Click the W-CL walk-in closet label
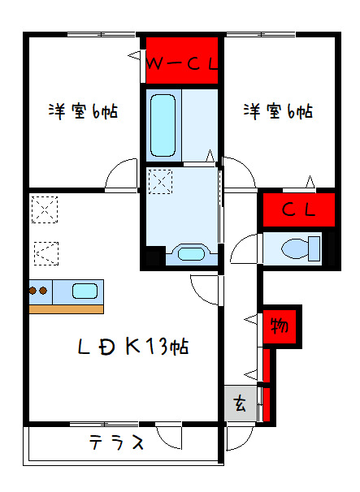coord(182,64)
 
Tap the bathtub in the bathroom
coord(163,126)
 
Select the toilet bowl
coord(295,248)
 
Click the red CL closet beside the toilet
coord(299,209)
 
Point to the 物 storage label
coord(280,326)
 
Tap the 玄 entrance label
coord(240,404)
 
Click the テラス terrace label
coord(116,442)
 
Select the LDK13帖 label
coord(133,347)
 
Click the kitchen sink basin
coord(85,291)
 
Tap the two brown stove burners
coord(38,291)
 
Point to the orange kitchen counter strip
coord(67,309)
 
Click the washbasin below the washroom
coord(191,253)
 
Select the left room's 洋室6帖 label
coord(83,110)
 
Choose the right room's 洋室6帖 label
coord(278,110)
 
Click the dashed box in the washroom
coord(160,182)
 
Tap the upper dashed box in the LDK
coord(45,209)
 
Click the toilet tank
coord(314,248)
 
